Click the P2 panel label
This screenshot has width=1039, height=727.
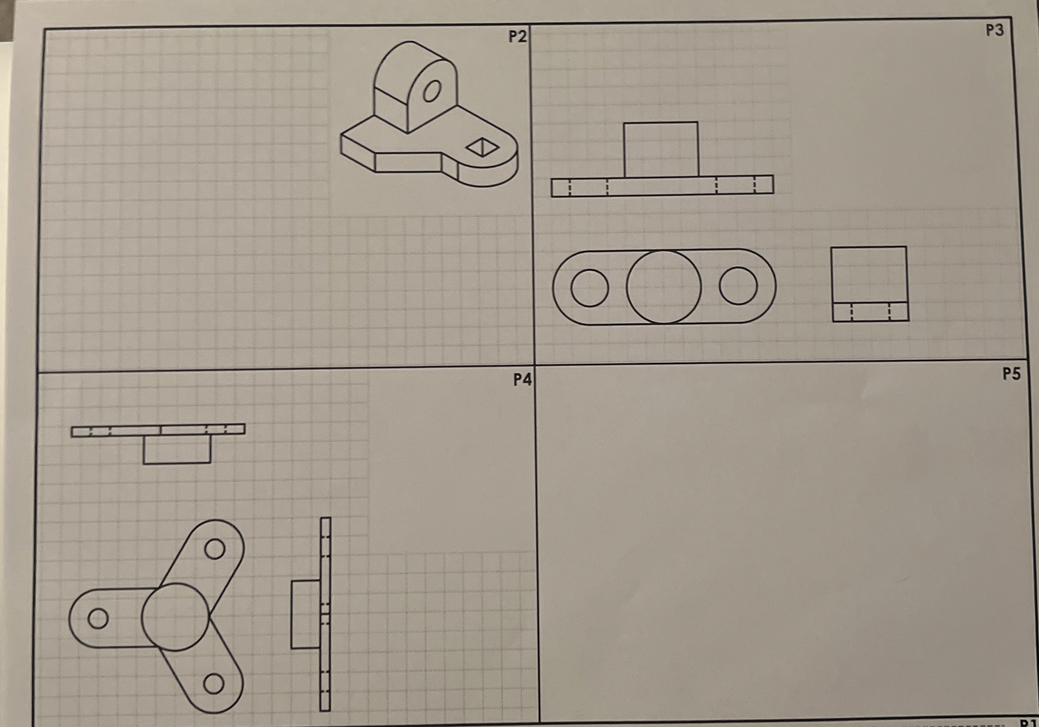[x=517, y=37]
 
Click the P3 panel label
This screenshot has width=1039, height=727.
[x=994, y=30]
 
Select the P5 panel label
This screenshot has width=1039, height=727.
[x=1011, y=374]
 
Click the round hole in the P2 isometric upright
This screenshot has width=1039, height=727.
[x=432, y=92]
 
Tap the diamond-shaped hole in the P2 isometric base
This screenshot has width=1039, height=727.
[x=483, y=147]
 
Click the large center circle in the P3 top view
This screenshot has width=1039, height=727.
[x=664, y=287]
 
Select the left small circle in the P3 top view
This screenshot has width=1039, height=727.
[x=590, y=288]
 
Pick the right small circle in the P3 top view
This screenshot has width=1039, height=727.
[x=738, y=286]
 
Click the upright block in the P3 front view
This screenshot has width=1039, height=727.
[x=661, y=149]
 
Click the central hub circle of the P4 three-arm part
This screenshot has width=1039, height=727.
[x=176, y=617]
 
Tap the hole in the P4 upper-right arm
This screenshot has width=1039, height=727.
[x=215, y=549]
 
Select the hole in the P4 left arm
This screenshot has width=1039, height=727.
[x=98, y=618]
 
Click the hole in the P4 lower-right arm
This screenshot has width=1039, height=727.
[x=214, y=684]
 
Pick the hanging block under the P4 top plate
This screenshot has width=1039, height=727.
[x=177, y=449]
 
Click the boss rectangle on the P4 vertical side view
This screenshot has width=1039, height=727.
[x=305, y=615]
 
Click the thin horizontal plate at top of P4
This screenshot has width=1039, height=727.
[x=158, y=430]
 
